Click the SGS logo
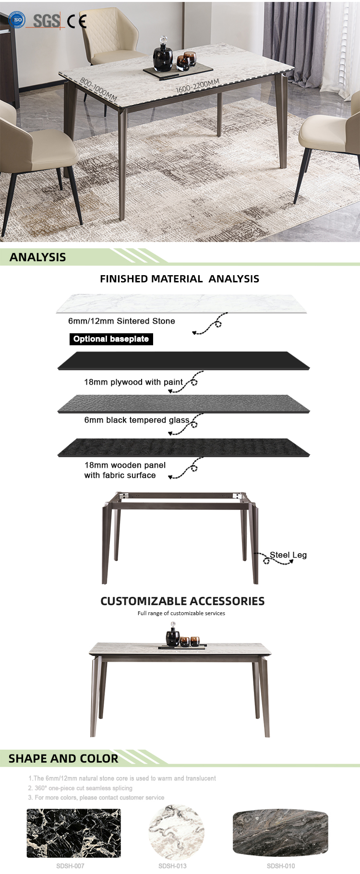coord(47,21)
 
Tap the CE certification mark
coord(77,21)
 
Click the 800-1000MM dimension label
coord(98,89)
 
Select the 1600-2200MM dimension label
coord(197,86)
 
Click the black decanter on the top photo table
coord(163,56)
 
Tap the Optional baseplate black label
coord(111,339)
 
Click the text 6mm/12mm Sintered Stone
coord(121,321)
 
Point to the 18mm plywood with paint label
coord(133,382)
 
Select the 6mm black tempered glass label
coord(137,420)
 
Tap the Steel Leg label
coord(288,555)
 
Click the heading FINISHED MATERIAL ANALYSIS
coord(180,279)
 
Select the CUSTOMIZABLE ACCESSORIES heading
coord(182,601)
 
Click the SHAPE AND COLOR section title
coord(63,758)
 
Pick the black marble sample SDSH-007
coord(73,833)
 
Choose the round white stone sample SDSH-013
coord(176,833)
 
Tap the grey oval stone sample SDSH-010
coord(280,833)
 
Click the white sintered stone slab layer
coord(181,304)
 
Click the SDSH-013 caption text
coord(172,866)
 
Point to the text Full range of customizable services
coord(181,613)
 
